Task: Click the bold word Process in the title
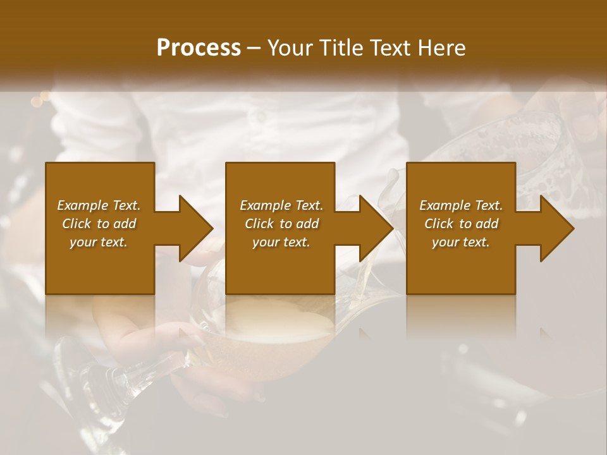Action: pos(199,48)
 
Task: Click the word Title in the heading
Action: pos(341,48)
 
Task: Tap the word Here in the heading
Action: pos(442,48)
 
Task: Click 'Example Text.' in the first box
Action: pos(99,205)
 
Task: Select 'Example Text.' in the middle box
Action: pos(281,205)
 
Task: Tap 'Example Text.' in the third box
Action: pos(461,205)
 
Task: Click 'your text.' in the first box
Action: pos(99,242)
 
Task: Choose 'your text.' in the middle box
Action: pos(281,242)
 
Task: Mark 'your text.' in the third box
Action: pos(461,242)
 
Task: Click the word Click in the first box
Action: pos(77,224)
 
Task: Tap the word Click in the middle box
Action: pos(259,224)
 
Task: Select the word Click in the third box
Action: pos(439,224)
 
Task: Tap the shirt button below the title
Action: pos(260,117)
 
